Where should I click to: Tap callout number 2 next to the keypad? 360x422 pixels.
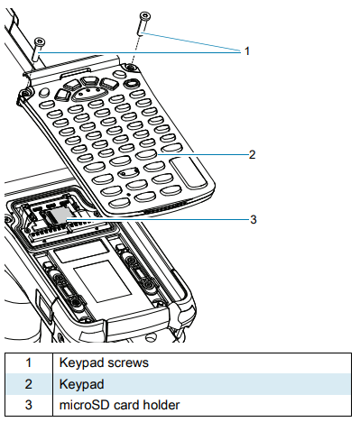pyautogui.click(x=253, y=154)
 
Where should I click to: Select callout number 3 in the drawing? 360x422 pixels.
pyautogui.click(x=254, y=218)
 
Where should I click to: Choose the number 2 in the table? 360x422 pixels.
pyautogui.click(x=27, y=384)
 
